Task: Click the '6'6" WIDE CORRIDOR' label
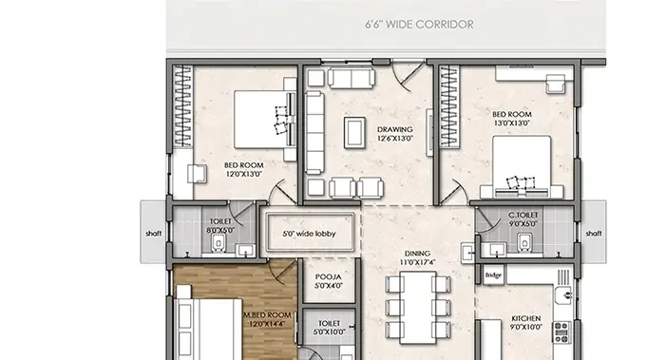pos(419,24)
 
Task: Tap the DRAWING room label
pos(394,129)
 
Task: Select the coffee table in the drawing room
pos(354,133)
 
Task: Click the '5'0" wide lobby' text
pos(309,234)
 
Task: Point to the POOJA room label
pos(329,276)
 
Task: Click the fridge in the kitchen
pos(493,275)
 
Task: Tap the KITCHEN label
pos(525,318)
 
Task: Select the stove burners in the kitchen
pos(561,332)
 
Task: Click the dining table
pos(418,308)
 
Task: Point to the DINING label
pos(417,254)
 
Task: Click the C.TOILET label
pos(523,216)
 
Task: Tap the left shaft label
pos(153,233)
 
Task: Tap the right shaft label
pos(594,233)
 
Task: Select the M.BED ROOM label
pos(267,315)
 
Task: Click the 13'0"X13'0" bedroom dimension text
pos(512,123)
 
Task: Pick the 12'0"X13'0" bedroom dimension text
pos(244,174)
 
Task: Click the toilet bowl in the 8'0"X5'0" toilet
pos(219,244)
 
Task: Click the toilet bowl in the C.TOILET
pos(524,242)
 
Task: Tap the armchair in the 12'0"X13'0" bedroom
pos(197,174)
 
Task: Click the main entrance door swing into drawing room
pos(408,76)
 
